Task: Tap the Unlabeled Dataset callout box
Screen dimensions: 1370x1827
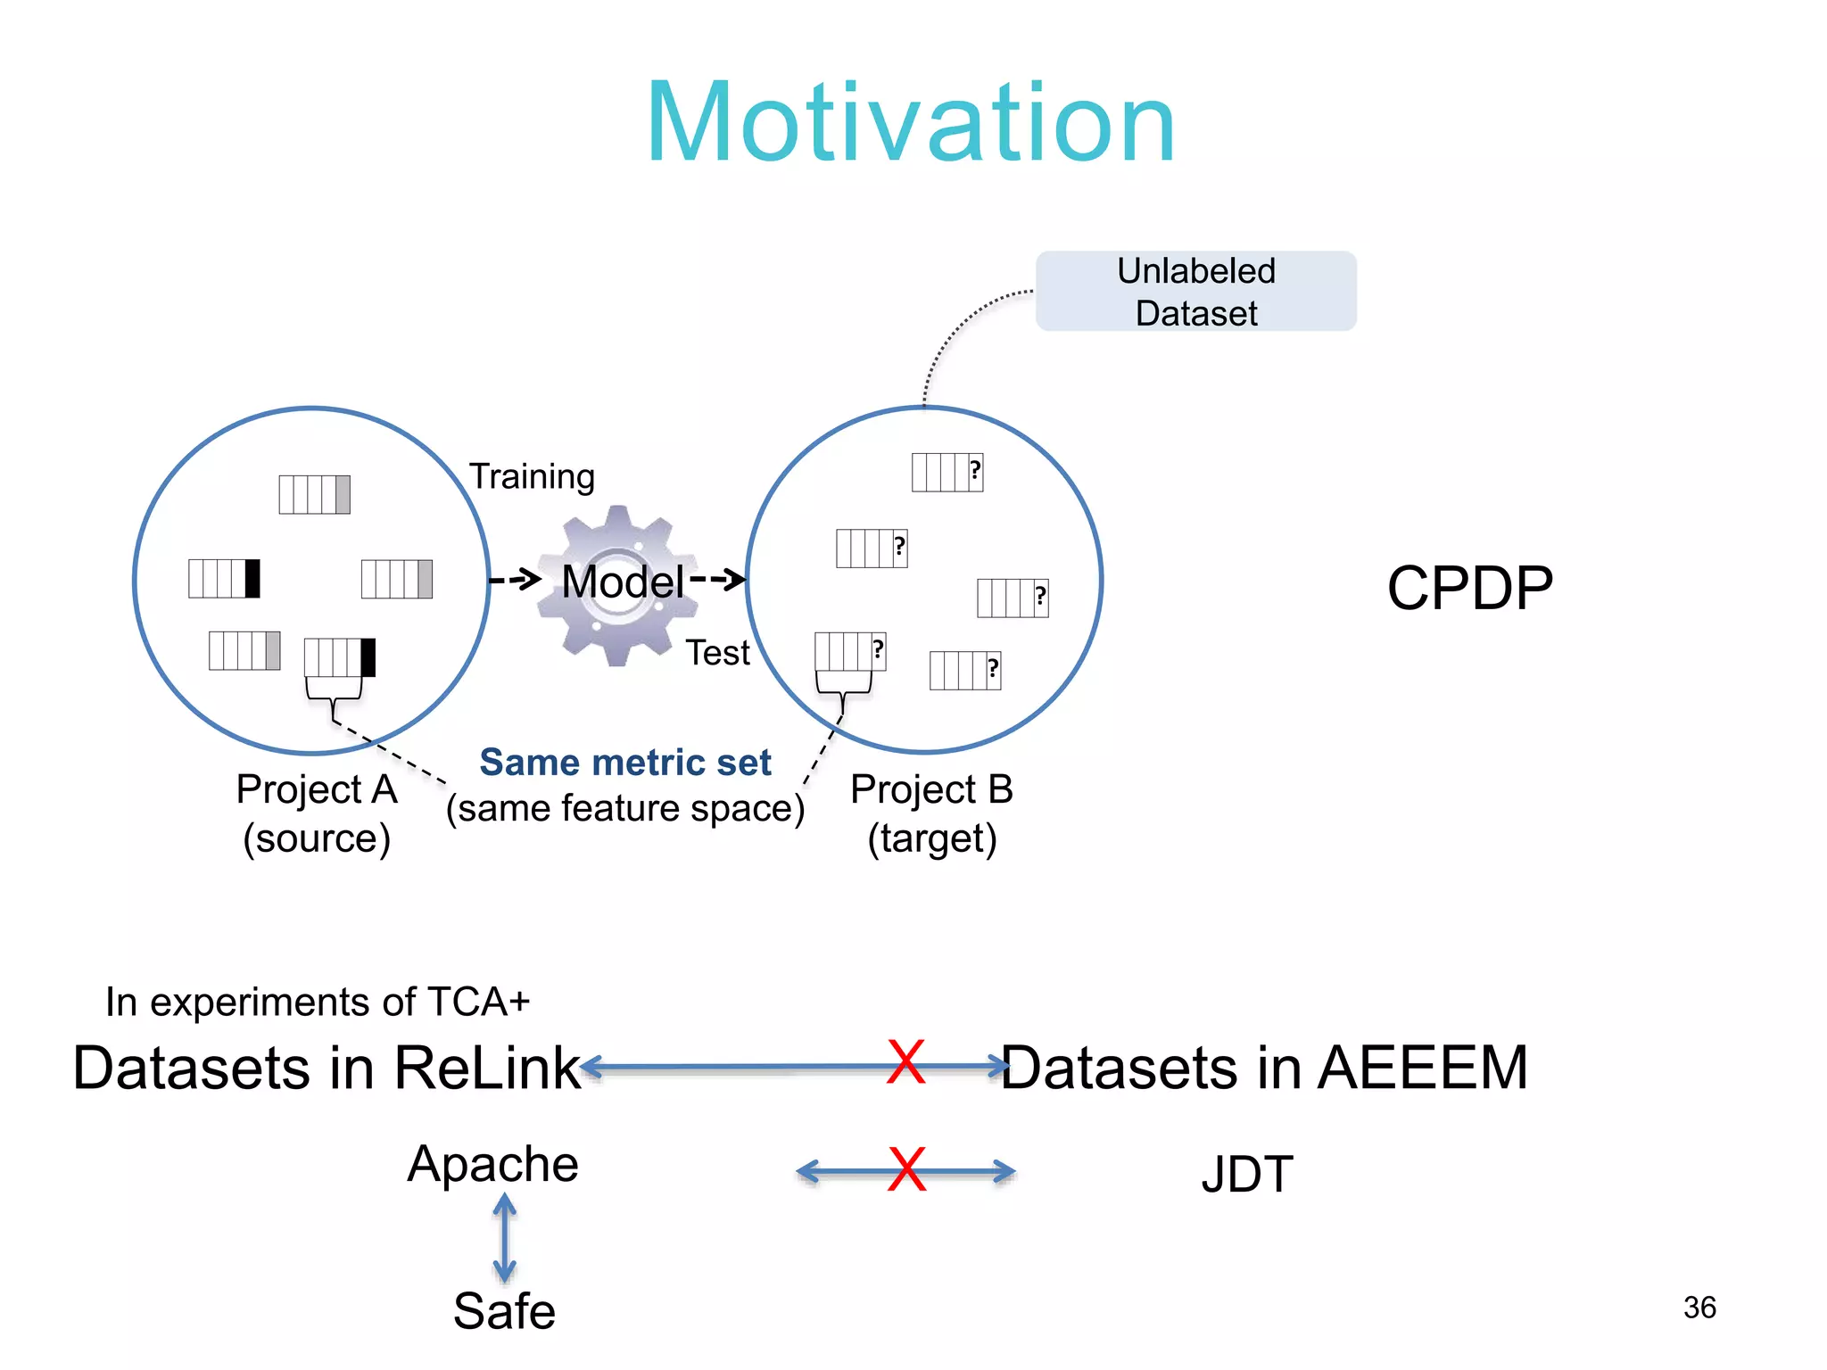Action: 1195,292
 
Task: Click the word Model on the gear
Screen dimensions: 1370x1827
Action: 623,582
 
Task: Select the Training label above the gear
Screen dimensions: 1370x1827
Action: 532,476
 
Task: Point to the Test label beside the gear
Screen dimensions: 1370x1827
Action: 717,653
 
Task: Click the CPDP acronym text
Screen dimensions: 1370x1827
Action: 1469,589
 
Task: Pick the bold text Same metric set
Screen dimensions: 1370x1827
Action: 625,763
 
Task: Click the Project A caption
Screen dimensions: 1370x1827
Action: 317,813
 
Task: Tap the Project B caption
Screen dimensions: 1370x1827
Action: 931,813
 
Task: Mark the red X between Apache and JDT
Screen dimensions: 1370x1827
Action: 906,1170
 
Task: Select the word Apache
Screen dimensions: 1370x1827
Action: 492,1164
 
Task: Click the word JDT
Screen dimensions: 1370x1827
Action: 1246,1174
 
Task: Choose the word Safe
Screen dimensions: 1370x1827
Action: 504,1310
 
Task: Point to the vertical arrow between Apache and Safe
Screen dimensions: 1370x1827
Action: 505,1238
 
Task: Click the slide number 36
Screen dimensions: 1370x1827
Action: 1699,1308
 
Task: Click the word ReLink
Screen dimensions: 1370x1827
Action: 487,1068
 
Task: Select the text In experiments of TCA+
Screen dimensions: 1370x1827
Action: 318,1002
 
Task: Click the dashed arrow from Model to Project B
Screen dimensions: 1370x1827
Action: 717,580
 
